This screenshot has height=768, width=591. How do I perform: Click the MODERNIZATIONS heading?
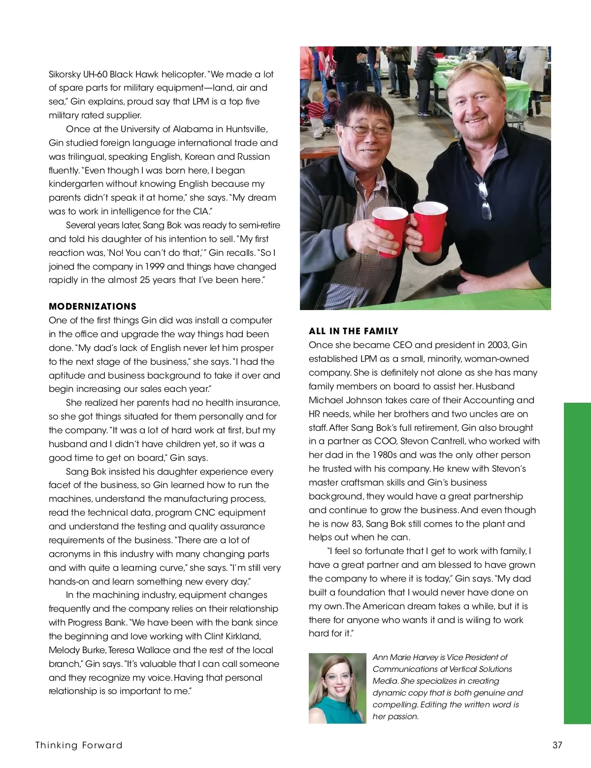coord(93,306)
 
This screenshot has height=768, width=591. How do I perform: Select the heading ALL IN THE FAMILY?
coord(354,331)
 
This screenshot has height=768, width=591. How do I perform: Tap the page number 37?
coord(557,745)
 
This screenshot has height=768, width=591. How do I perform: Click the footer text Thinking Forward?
coord(79,745)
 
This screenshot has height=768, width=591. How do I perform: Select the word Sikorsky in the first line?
coord(65,74)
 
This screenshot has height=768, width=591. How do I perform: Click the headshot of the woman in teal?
coord(337,688)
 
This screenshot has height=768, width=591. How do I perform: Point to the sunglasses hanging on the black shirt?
coord(485,200)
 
